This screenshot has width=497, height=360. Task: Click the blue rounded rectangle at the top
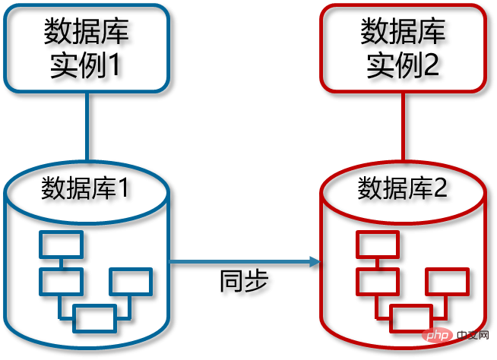[86, 48]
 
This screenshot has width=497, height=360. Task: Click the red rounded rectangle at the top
[403, 48]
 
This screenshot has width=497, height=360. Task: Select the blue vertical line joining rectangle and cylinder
[87, 126]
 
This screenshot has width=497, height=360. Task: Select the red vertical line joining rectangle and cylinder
[403, 126]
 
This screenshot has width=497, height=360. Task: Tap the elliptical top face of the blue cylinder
[86, 191]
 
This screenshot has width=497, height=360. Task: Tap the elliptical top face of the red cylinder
[403, 191]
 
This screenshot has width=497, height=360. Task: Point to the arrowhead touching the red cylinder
[315, 261]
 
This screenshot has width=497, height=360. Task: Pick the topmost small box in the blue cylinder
[61, 245]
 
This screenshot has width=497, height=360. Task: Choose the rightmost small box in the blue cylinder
[131, 282]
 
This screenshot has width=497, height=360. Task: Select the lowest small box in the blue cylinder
[94, 318]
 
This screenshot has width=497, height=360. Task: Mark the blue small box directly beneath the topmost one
[61, 282]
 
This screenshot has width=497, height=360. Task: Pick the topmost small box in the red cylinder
[378, 245]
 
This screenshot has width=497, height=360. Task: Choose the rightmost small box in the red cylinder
[447, 282]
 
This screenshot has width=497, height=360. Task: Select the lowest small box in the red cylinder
[411, 318]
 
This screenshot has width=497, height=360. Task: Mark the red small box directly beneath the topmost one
[378, 282]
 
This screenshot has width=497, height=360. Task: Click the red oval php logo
[437, 335]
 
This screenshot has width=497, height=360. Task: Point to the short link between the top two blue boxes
[61, 264]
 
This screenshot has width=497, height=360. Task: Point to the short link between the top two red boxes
[378, 264]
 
